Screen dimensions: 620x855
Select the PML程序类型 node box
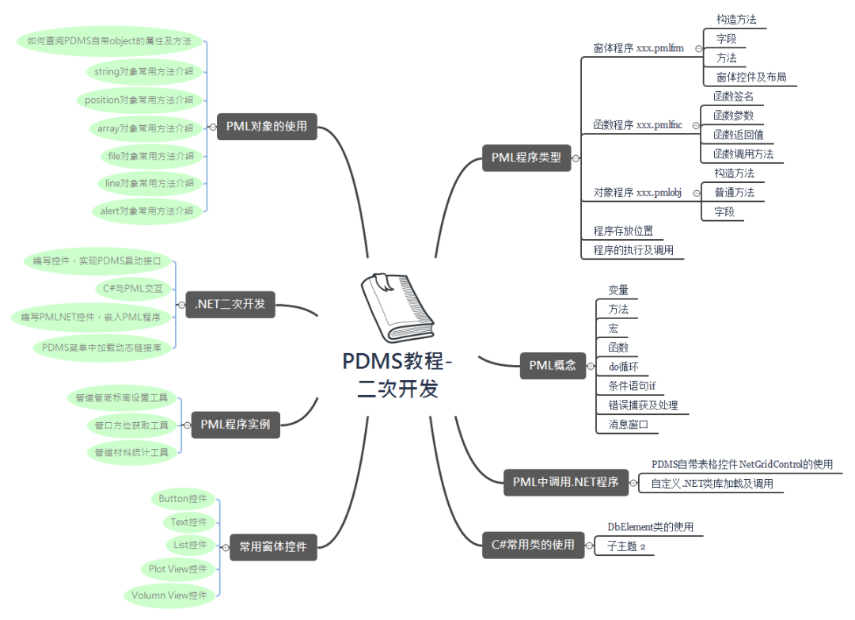[526, 158]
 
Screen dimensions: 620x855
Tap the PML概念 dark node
[553, 365]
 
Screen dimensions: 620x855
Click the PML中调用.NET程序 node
[564, 481]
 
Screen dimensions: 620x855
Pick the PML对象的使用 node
[267, 126]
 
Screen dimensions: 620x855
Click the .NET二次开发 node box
[230, 304]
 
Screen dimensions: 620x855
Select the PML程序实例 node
[235, 424]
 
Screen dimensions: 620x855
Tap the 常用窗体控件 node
[273, 546]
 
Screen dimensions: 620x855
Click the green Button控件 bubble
[183, 499]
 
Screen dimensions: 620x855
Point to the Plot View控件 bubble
[177, 569]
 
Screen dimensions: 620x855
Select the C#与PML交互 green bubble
[133, 288]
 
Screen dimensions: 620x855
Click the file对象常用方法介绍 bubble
[150, 156]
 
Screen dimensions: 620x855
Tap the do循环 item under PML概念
[623, 367]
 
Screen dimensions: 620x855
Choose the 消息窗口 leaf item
[628, 425]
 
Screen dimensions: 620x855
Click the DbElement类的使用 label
[650, 527]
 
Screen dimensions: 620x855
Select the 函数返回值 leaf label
[738, 135]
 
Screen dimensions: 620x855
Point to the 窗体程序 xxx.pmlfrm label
[638, 48]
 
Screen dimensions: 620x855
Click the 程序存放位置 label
[623, 231]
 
